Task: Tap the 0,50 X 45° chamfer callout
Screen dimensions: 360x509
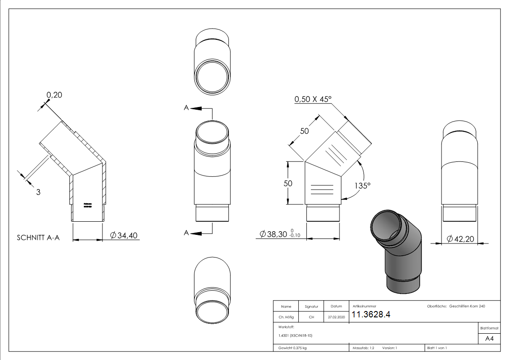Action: click(313, 99)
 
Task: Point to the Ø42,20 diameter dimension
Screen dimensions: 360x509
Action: click(461, 238)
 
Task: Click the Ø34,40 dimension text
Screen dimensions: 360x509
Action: click(124, 235)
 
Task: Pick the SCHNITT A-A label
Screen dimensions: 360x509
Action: click(38, 238)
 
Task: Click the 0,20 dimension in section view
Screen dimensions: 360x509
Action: click(54, 95)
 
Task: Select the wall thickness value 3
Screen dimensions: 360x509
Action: click(38, 192)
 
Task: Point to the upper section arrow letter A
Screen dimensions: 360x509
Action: click(186, 108)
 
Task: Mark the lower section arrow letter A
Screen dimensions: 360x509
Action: click(186, 233)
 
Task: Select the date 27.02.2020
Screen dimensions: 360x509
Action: click(336, 317)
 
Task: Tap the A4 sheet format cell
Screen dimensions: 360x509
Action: click(489, 339)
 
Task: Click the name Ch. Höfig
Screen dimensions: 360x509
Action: click(286, 317)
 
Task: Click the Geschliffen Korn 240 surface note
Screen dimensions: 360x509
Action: click(467, 306)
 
